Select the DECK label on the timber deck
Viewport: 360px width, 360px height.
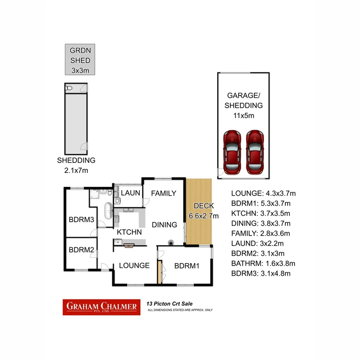204,206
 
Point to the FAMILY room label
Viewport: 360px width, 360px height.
163,193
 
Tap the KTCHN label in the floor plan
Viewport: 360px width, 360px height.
129,232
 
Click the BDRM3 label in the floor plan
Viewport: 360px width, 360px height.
81,220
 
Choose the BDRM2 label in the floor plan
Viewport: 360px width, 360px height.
81,250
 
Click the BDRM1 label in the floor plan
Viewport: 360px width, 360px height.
187,266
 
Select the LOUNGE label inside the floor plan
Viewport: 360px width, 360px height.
134,265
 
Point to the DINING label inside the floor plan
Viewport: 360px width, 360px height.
164,224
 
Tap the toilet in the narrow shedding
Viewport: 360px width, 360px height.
69,88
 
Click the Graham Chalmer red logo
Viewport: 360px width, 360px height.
102,307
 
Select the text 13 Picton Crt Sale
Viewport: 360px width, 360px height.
169,304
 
